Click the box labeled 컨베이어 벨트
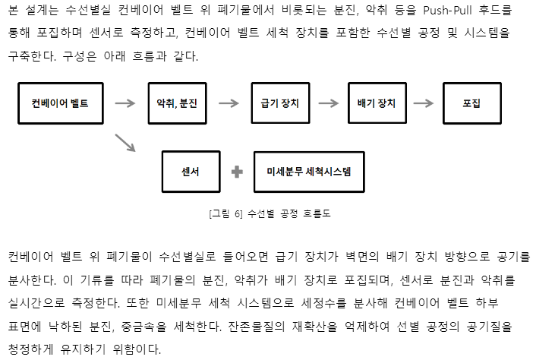[x=60, y=103]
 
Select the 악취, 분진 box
[x=176, y=103]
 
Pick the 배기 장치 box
[x=376, y=103]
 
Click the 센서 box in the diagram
[x=191, y=172]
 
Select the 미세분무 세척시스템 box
[x=314, y=172]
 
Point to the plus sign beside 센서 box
[x=237, y=172]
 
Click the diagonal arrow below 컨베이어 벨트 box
[x=125, y=142]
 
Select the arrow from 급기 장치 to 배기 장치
[x=328, y=103]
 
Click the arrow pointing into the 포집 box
[x=424, y=103]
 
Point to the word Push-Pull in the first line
[x=421, y=11]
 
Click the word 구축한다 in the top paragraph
[x=33, y=56]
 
